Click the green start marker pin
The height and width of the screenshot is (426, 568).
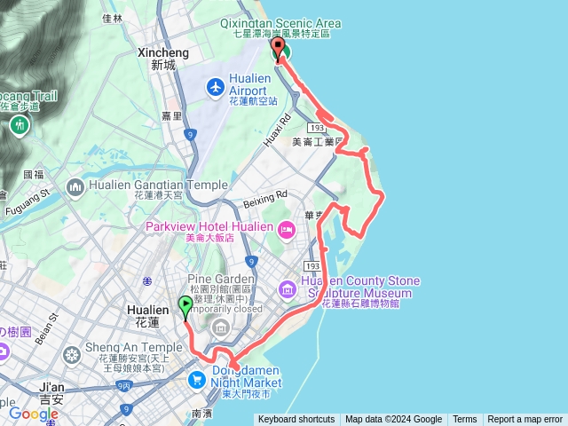(x=185, y=307)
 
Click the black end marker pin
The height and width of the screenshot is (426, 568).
(x=278, y=50)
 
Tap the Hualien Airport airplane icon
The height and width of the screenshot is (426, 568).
(x=216, y=87)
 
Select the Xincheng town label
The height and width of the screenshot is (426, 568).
(x=163, y=59)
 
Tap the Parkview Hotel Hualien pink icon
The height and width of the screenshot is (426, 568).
(x=286, y=231)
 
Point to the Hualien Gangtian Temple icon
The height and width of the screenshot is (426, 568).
(x=75, y=187)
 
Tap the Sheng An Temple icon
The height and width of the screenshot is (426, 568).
(x=72, y=354)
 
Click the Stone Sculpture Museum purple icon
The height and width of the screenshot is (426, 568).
(x=287, y=288)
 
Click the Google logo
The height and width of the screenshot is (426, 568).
(x=34, y=414)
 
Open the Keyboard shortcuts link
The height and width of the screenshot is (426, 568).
(x=296, y=420)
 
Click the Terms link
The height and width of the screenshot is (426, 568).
(x=464, y=420)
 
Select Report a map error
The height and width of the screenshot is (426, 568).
(x=525, y=420)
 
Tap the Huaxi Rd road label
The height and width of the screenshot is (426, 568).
(x=277, y=131)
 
